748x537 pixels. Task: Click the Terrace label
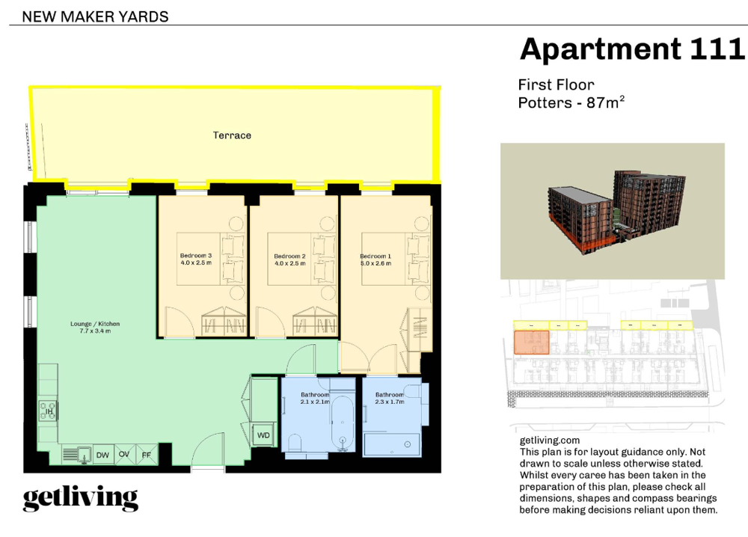coord(232,135)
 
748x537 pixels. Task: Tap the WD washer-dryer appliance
coord(264,435)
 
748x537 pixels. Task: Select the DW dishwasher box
coord(102,455)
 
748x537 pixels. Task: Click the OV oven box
coord(124,455)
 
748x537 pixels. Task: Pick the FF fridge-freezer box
coord(147,455)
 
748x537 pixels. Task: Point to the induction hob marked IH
coord(48,411)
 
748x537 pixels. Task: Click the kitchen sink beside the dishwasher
coord(77,455)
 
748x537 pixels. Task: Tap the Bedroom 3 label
coord(195,256)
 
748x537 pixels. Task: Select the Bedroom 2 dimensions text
coord(290,263)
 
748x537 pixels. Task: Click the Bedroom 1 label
coord(375,256)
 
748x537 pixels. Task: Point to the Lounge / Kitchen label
coord(95,324)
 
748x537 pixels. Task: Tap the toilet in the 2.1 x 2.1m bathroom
coord(293,443)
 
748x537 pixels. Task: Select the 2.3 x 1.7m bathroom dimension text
coord(389,402)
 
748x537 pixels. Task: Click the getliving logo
coord(81,499)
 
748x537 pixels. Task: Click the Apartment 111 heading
coord(632,49)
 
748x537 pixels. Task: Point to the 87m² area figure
coord(606,102)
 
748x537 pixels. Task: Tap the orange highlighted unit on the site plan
coord(531,343)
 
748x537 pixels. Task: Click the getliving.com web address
coord(550,441)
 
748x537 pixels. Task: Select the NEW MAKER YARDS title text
coord(96,16)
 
